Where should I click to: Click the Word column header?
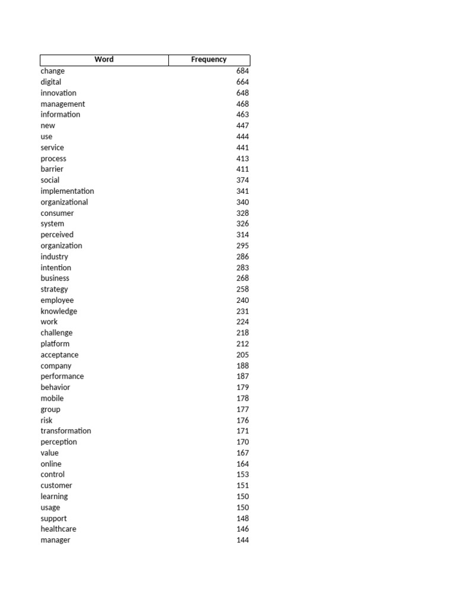[x=104, y=60]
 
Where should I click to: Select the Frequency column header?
[x=209, y=60]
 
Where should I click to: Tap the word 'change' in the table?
[x=53, y=71]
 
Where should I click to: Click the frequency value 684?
[x=242, y=71]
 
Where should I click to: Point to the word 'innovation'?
[x=58, y=93]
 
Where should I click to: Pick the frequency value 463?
[x=242, y=114]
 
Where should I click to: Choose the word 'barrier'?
[x=52, y=169]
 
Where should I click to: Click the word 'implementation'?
[x=67, y=191]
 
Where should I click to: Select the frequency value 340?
[x=242, y=202]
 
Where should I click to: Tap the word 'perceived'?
[x=57, y=235]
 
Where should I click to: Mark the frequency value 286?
[x=242, y=257]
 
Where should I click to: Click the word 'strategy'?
[x=54, y=289]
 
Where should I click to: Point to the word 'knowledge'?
[x=59, y=311]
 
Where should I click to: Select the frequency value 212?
[x=242, y=344]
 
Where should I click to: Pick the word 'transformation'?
[x=66, y=431]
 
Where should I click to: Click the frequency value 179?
[x=242, y=387]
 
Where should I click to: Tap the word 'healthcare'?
[x=58, y=529]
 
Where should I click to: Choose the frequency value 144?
[x=242, y=540]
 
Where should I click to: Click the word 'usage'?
[x=50, y=507]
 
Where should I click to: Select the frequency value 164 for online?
[x=242, y=464]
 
